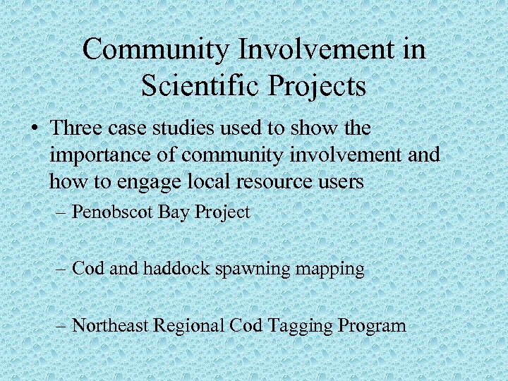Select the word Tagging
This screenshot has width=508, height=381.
[301, 327]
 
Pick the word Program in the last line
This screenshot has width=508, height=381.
[372, 327]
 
